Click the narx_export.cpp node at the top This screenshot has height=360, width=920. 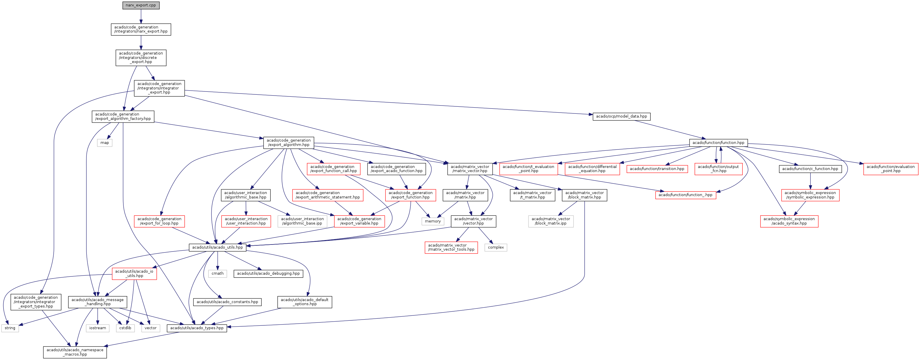click(141, 5)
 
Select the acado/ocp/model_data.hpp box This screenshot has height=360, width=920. click(621, 116)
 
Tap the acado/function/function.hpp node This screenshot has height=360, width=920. click(718, 143)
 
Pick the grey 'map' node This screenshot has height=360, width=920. click(105, 143)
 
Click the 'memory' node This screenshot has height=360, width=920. click(433, 221)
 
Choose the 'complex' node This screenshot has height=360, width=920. click(496, 247)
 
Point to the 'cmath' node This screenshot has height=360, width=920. click(217, 274)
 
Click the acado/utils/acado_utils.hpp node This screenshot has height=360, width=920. click(217, 247)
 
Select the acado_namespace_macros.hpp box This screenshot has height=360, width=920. click(75, 352)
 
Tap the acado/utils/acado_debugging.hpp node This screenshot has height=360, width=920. click(268, 274)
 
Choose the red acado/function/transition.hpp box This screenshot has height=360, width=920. click(657, 169)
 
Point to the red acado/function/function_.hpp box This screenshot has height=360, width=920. click(685, 195)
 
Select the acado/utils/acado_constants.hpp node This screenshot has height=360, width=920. click(227, 302)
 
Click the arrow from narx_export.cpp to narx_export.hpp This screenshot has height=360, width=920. click(141, 16)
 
